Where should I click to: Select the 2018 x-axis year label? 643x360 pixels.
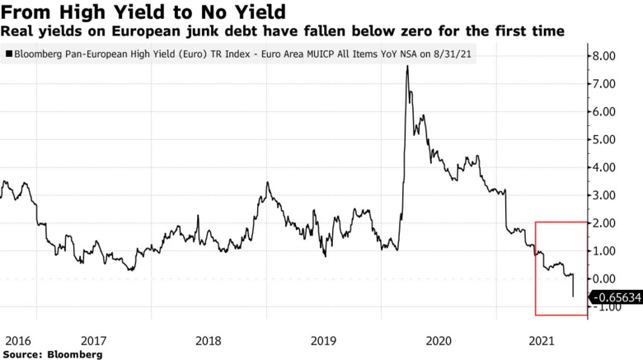point(209,339)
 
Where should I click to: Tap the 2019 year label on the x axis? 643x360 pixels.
point(324,339)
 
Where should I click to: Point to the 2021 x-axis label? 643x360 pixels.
point(540,339)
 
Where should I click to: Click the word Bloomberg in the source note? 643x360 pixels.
point(75,353)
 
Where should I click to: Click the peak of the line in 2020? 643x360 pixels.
point(407,66)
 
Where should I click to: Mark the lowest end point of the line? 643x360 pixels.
point(573,297)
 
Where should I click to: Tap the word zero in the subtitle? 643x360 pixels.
point(420,31)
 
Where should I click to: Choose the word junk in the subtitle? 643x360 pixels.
point(186,31)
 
